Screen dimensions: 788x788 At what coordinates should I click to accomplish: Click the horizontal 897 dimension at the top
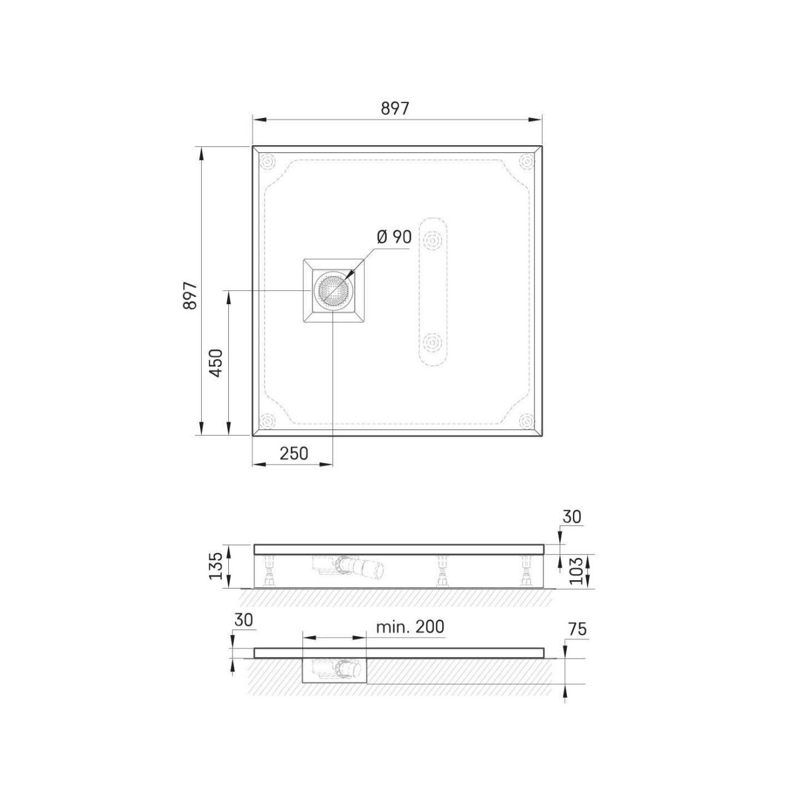tap(395, 108)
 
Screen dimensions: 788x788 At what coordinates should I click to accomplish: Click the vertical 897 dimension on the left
tap(190, 295)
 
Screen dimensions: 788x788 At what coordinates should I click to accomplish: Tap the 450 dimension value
tap(216, 363)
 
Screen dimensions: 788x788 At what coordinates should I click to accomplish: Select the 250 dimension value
tap(294, 454)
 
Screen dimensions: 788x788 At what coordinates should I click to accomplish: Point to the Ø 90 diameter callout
tap(394, 237)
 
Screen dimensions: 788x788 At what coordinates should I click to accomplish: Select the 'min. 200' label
tap(410, 627)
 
